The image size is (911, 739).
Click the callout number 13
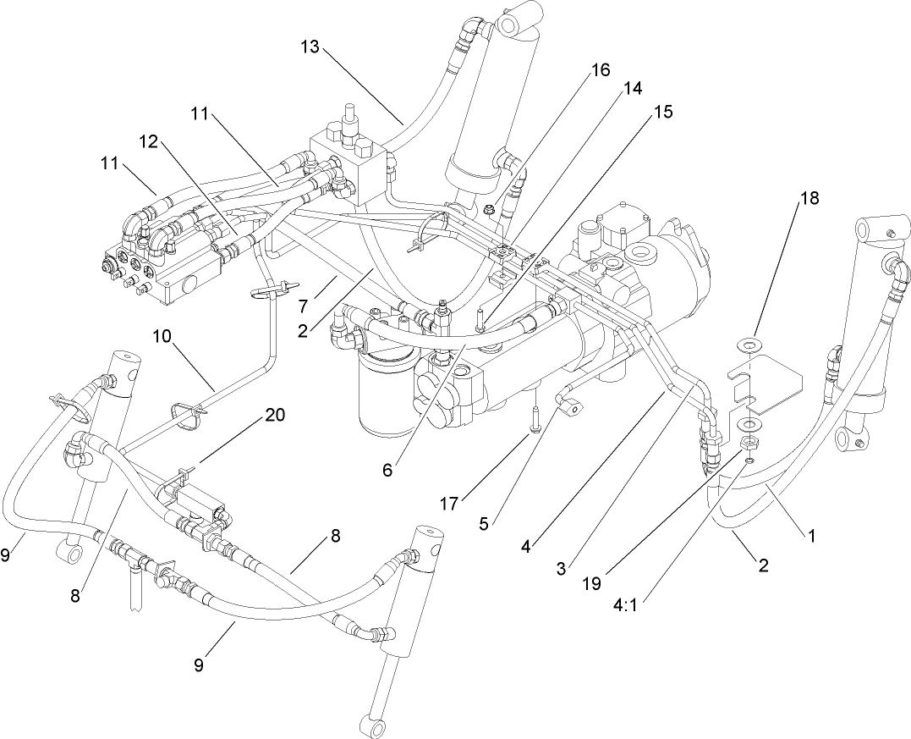click(310, 47)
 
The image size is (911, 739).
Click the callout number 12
click(149, 141)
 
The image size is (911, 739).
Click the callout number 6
click(387, 471)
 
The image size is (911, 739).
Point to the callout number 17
click(449, 504)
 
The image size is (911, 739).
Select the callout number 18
click(809, 200)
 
